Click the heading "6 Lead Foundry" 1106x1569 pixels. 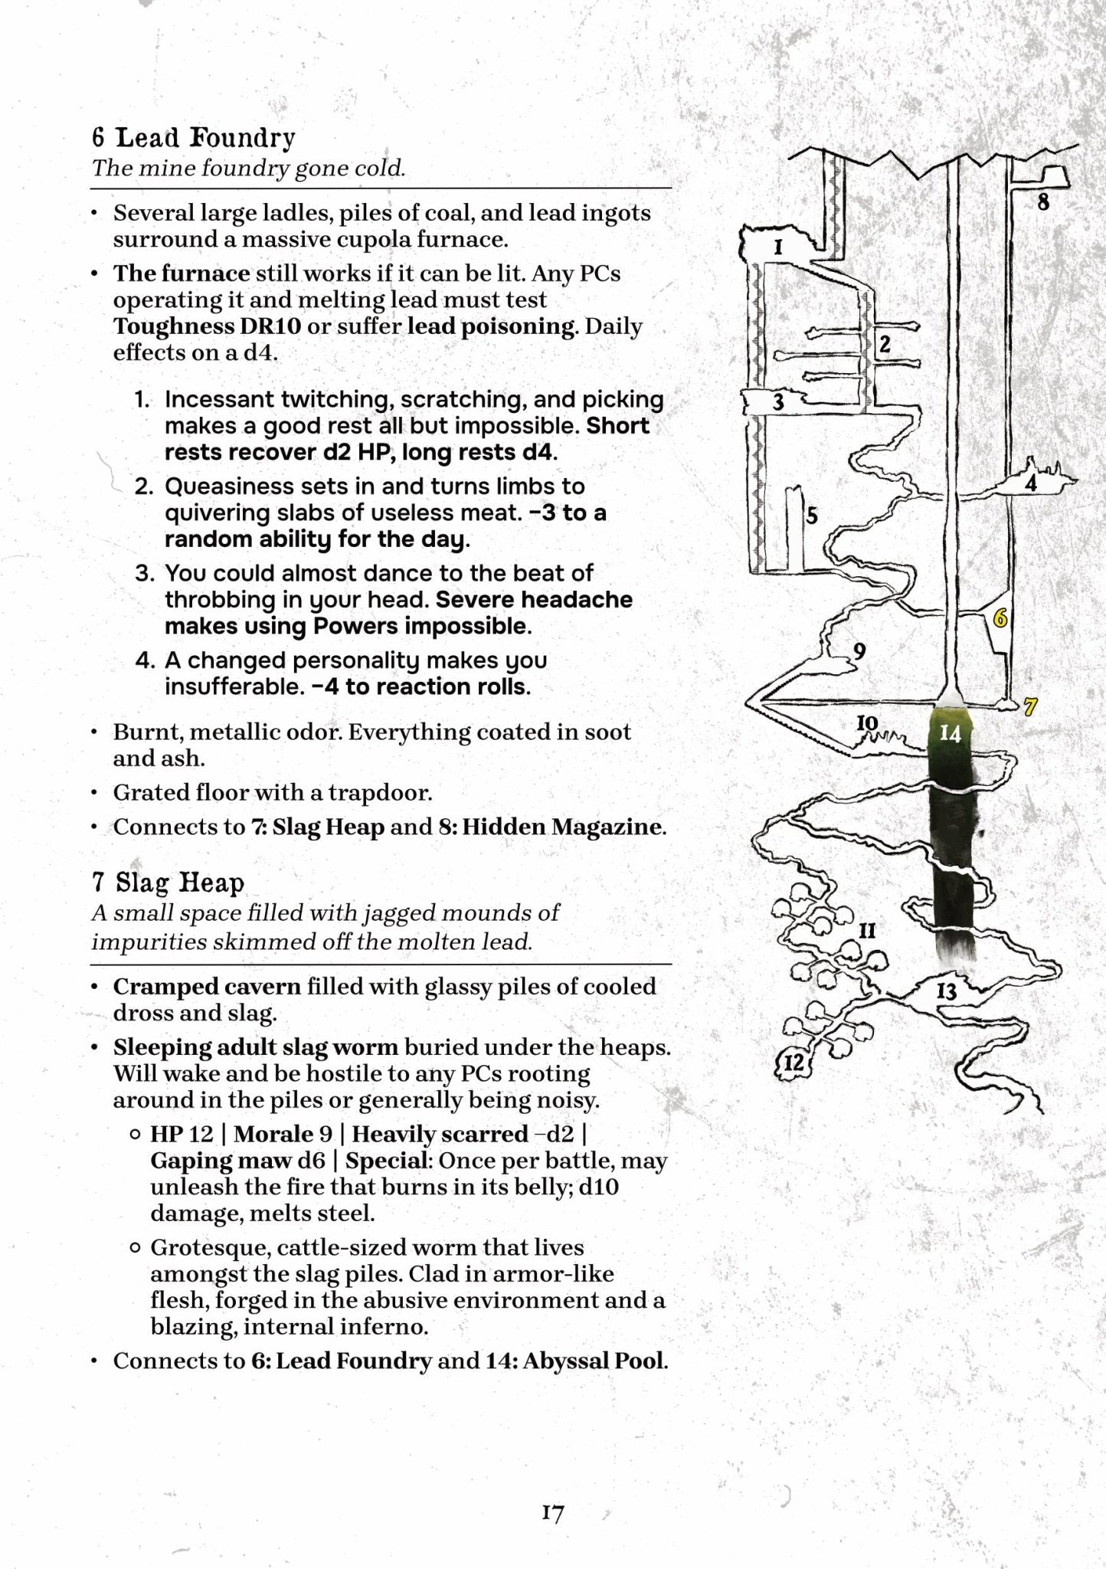(193, 138)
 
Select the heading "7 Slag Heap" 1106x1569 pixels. (168, 883)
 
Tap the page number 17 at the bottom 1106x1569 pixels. (553, 1513)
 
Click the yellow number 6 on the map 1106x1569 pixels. (1000, 617)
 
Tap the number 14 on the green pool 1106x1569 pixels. (950, 733)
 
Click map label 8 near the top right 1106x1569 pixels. (1042, 203)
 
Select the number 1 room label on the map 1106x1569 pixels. (778, 247)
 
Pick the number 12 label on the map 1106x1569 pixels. (794, 1062)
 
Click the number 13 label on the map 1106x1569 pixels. (947, 992)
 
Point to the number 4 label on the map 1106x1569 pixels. (1031, 484)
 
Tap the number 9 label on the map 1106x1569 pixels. (859, 651)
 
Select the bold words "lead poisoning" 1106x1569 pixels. (491, 326)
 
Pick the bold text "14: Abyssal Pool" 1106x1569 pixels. (575, 1361)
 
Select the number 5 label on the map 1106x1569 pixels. (812, 516)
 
